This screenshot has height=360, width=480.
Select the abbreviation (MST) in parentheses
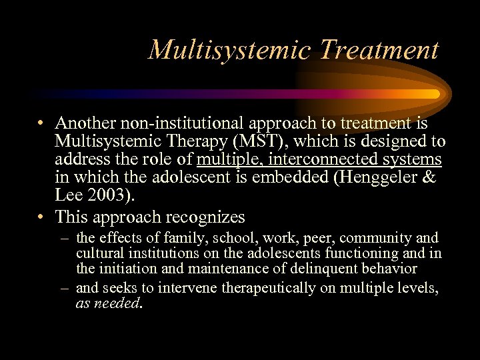pyautogui.click(x=271, y=141)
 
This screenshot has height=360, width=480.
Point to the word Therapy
pyautogui.click(x=197, y=141)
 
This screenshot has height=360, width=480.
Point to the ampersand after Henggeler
pyautogui.click(x=429, y=179)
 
